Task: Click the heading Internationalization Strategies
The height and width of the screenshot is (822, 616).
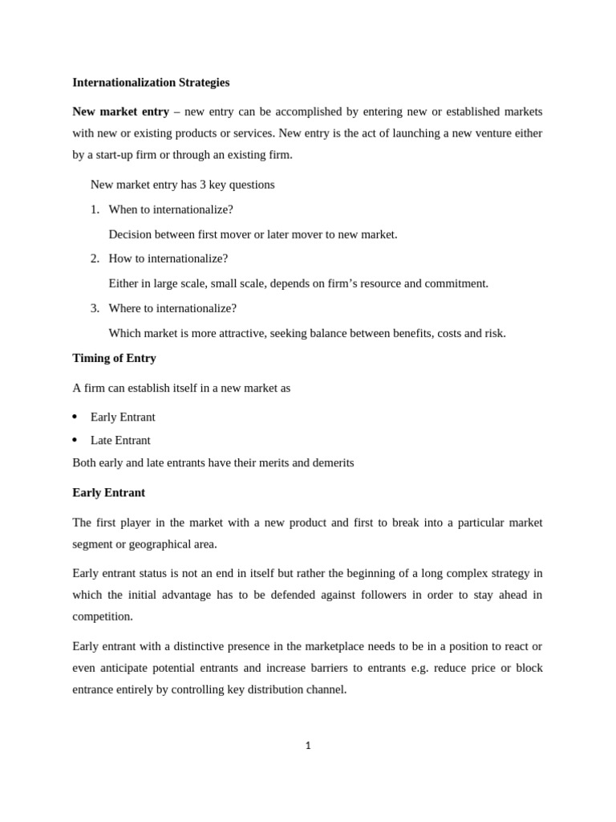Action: (151, 82)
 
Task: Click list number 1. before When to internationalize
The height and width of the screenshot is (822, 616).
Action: (95, 210)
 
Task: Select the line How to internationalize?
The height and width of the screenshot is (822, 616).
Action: (168, 258)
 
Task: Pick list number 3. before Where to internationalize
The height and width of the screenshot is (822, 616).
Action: (95, 308)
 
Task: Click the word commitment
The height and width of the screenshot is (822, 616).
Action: (458, 283)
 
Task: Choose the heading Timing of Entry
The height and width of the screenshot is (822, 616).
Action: (114, 358)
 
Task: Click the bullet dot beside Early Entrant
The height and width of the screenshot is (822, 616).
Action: (75, 417)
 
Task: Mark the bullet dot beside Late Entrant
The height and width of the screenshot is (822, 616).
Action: (75, 441)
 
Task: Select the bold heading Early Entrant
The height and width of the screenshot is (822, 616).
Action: (108, 492)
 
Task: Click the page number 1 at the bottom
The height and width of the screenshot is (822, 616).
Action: (308, 746)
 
